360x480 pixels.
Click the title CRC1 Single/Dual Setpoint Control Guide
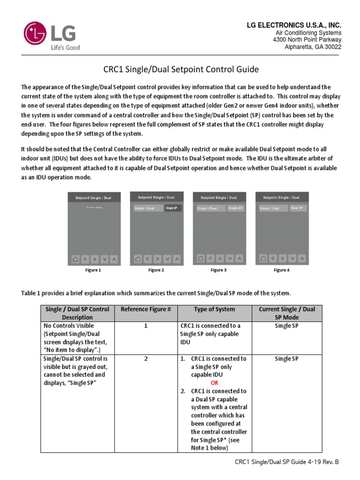(x=180, y=70)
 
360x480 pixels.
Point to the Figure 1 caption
(x=92, y=270)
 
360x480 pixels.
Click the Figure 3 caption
(x=218, y=270)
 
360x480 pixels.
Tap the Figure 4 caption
(x=281, y=270)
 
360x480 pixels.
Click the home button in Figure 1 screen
(x=75, y=259)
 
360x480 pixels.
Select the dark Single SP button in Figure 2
(x=172, y=208)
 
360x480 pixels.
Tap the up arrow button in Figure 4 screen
(x=303, y=258)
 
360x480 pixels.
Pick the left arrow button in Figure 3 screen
(x=210, y=258)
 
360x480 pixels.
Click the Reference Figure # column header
(x=146, y=309)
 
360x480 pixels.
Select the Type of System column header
(x=215, y=309)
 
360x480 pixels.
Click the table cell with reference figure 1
(x=146, y=326)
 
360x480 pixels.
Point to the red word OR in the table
(x=214, y=383)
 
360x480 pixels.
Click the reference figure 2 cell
(x=146, y=359)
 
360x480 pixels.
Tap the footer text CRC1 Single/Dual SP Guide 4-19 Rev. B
(x=286, y=462)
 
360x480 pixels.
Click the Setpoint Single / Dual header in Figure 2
(x=156, y=197)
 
